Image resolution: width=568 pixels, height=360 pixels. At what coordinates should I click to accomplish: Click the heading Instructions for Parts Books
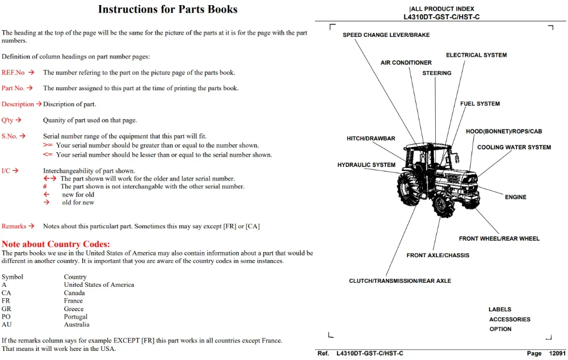(168, 9)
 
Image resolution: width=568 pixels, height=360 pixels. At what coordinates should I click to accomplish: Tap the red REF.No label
(13, 73)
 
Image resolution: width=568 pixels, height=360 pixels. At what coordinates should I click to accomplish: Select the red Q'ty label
(7, 120)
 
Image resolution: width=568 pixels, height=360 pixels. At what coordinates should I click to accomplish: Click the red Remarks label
(14, 226)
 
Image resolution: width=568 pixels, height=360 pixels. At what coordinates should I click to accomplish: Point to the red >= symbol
(48, 145)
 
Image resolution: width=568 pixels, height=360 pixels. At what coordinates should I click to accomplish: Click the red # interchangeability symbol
(45, 186)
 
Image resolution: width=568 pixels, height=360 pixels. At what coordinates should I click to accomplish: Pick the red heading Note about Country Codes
(56, 244)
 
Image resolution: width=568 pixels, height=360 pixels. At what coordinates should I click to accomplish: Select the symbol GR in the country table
(6, 309)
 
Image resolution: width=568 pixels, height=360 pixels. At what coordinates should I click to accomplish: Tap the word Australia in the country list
(77, 324)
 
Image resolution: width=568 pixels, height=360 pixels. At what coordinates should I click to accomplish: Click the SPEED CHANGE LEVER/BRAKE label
(386, 35)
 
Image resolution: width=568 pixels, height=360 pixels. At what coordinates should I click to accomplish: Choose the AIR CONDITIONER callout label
(406, 62)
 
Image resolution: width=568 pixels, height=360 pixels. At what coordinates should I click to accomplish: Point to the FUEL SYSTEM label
(480, 104)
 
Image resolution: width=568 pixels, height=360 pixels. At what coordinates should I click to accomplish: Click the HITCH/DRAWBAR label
(371, 139)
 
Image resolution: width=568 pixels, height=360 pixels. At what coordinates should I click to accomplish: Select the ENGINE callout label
(515, 197)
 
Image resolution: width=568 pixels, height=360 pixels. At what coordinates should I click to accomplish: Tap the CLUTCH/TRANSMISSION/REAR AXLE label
(400, 281)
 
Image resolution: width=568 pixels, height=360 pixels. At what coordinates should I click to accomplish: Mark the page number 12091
(557, 354)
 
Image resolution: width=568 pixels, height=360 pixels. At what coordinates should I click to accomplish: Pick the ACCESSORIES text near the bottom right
(510, 319)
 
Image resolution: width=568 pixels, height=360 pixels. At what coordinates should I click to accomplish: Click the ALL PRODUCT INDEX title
(442, 9)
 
